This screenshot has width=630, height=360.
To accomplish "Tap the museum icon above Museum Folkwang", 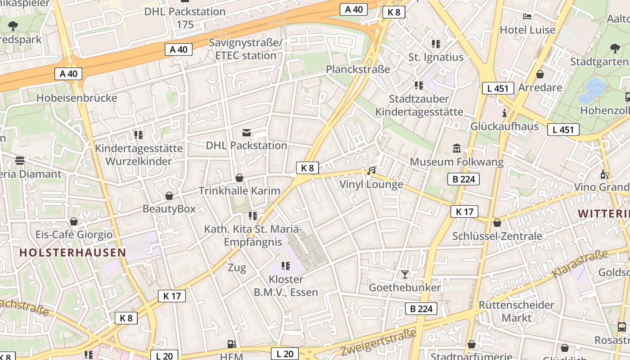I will click(x=457, y=148).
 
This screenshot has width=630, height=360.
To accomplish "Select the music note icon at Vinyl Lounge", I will click(x=371, y=171).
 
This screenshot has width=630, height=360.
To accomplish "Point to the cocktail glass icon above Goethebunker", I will click(x=405, y=274).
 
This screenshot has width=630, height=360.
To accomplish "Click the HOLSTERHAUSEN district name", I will click(x=72, y=252).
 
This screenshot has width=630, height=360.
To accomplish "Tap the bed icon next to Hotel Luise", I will click(x=527, y=17).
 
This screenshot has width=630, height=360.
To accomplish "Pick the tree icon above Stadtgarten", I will click(x=615, y=48).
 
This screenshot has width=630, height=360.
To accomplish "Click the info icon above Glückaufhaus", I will click(x=504, y=112).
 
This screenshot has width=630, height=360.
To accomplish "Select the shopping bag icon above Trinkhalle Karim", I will click(x=239, y=178).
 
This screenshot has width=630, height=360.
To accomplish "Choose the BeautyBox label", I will click(x=169, y=209).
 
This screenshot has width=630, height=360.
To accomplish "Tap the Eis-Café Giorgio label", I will click(x=74, y=234).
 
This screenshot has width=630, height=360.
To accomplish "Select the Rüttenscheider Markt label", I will click(x=516, y=311).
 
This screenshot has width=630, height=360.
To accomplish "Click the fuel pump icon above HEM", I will click(x=232, y=344).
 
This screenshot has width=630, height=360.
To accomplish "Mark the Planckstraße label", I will click(x=358, y=69).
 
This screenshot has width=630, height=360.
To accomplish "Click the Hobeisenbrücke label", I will click(x=76, y=98).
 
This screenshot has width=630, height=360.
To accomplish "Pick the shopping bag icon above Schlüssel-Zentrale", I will click(x=497, y=223).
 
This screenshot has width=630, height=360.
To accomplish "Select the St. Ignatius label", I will click(x=436, y=57).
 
